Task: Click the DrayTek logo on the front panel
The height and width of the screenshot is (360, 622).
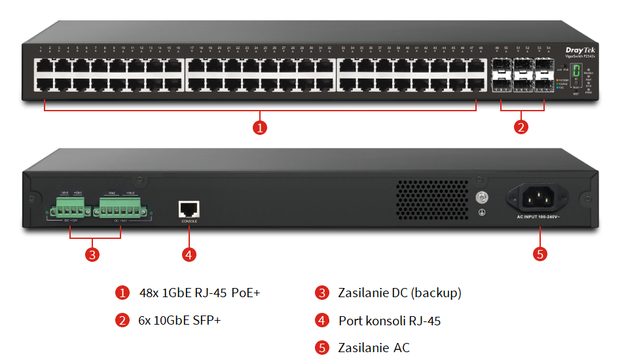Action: click(x=578, y=49)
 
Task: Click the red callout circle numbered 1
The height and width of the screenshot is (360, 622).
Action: click(x=260, y=128)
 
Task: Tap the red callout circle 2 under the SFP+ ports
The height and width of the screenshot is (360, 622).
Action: click(x=521, y=128)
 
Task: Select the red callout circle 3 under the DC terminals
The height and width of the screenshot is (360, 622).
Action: click(x=93, y=255)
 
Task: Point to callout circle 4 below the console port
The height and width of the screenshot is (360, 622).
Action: click(x=189, y=255)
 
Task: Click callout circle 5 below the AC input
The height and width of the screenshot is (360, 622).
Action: click(x=540, y=255)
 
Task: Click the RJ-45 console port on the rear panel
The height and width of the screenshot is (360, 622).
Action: click(x=189, y=209)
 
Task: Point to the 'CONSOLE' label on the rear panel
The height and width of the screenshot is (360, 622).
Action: click(x=189, y=221)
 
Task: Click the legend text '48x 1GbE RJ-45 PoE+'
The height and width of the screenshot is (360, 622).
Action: click(x=200, y=293)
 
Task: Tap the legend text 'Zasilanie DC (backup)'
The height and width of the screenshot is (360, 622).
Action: click(x=399, y=293)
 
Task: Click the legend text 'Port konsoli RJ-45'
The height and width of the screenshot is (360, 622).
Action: click(x=389, y=321)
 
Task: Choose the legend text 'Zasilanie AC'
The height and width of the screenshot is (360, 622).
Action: click(x=374, y=348)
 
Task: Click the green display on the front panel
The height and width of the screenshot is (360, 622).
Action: click(x=576, y=72)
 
